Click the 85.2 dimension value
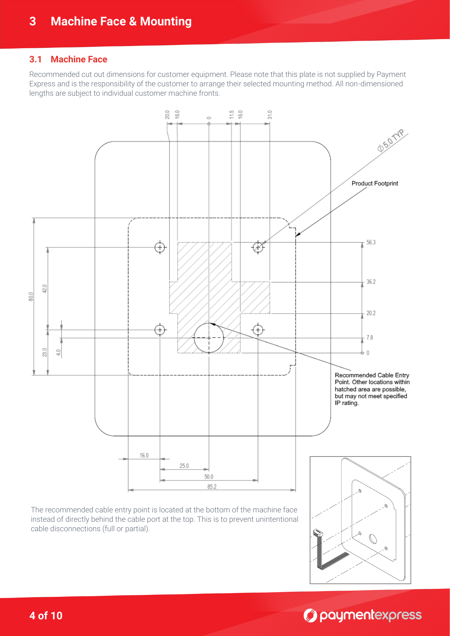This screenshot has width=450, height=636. click(x=212, y=487)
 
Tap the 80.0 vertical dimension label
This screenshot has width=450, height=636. click(x=31, y=296)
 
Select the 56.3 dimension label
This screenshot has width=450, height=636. click(x=371, y=242)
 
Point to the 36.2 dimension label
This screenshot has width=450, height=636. click(x=371, y=282)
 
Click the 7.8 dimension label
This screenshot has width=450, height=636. click(x=370, y=338)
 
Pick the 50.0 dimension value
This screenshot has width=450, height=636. click(x=209, y=476)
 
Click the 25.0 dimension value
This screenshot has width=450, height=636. click(x=184, y=466)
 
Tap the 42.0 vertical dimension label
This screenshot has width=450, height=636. click(x=45, y=289)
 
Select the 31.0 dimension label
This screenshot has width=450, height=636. click(x=269, y=115)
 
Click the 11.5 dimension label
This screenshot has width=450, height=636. click(x=231, y=115)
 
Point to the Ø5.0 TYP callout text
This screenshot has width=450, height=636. click(x=391, y=141)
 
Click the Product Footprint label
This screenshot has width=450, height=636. click(x=375, y=183)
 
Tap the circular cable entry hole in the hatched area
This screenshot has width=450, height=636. click(x=209, y=338)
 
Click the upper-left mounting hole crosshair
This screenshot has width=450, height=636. click(x=160, y=247)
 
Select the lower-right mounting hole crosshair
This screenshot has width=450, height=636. click(x=258, y=330)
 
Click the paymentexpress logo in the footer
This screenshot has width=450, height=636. click(x=362, y=615)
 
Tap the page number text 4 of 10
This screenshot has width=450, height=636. click(x=46, y=616)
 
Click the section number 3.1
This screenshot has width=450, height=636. click(x=35, y=59)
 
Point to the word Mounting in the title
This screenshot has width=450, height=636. click(x=166, y=22)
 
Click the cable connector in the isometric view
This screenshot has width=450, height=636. click(x=318, y=533)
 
